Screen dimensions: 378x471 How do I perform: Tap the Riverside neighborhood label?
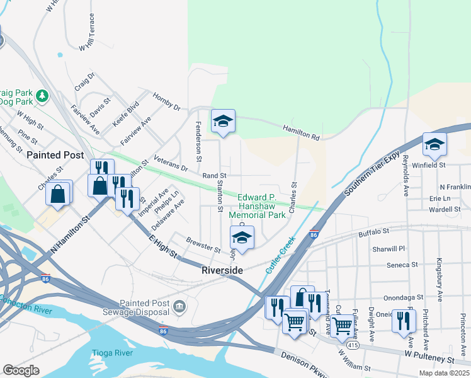point(222,270)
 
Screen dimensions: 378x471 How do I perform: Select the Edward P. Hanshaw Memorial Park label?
point(261,206)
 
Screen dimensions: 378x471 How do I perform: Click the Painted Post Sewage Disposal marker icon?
point(180,306)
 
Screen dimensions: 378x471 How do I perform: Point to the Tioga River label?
point(112,353)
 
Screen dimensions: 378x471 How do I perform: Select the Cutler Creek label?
point(280,255)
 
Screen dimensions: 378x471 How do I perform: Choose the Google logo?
point(21,370)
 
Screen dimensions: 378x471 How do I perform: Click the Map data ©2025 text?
point(443,373)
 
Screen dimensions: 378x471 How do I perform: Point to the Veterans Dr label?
point(171,165)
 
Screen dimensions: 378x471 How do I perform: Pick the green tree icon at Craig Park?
point(43,96)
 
